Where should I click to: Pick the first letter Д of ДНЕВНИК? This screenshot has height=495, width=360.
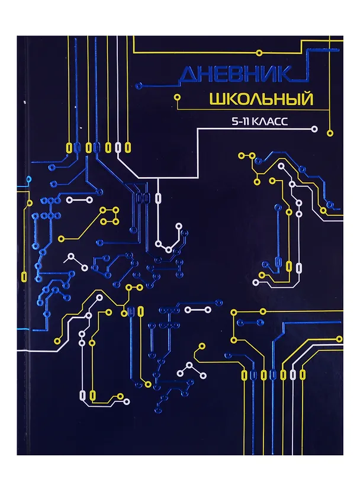(187, 75)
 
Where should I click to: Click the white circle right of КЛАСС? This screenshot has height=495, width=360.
(314, 128)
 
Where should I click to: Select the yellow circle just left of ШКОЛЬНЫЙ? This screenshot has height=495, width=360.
(176, 96)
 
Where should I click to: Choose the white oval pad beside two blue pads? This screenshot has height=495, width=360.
(157, 199)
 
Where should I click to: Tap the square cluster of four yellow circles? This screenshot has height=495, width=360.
(109, 216)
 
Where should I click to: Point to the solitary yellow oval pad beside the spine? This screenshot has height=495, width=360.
(24, 275)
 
